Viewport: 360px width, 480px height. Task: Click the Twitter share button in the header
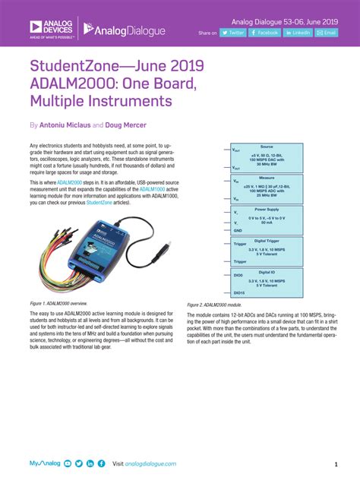(x=232, y=33)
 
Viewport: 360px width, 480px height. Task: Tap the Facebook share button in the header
(x=265, y=33)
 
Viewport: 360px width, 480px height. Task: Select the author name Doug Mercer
(x=126, y=124)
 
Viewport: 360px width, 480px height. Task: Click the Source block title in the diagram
(x=266, y=147)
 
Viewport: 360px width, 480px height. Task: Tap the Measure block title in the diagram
(x=266, y=178)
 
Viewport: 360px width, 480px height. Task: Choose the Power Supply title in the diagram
(x=266, y=209)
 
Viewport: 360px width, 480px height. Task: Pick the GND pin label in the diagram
(x=238, y=229)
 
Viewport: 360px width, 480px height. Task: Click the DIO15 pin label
(x=238, y=292)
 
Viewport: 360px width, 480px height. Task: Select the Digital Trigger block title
(x=266, y=240)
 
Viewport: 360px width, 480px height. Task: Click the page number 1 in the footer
(x=335, y=463)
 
